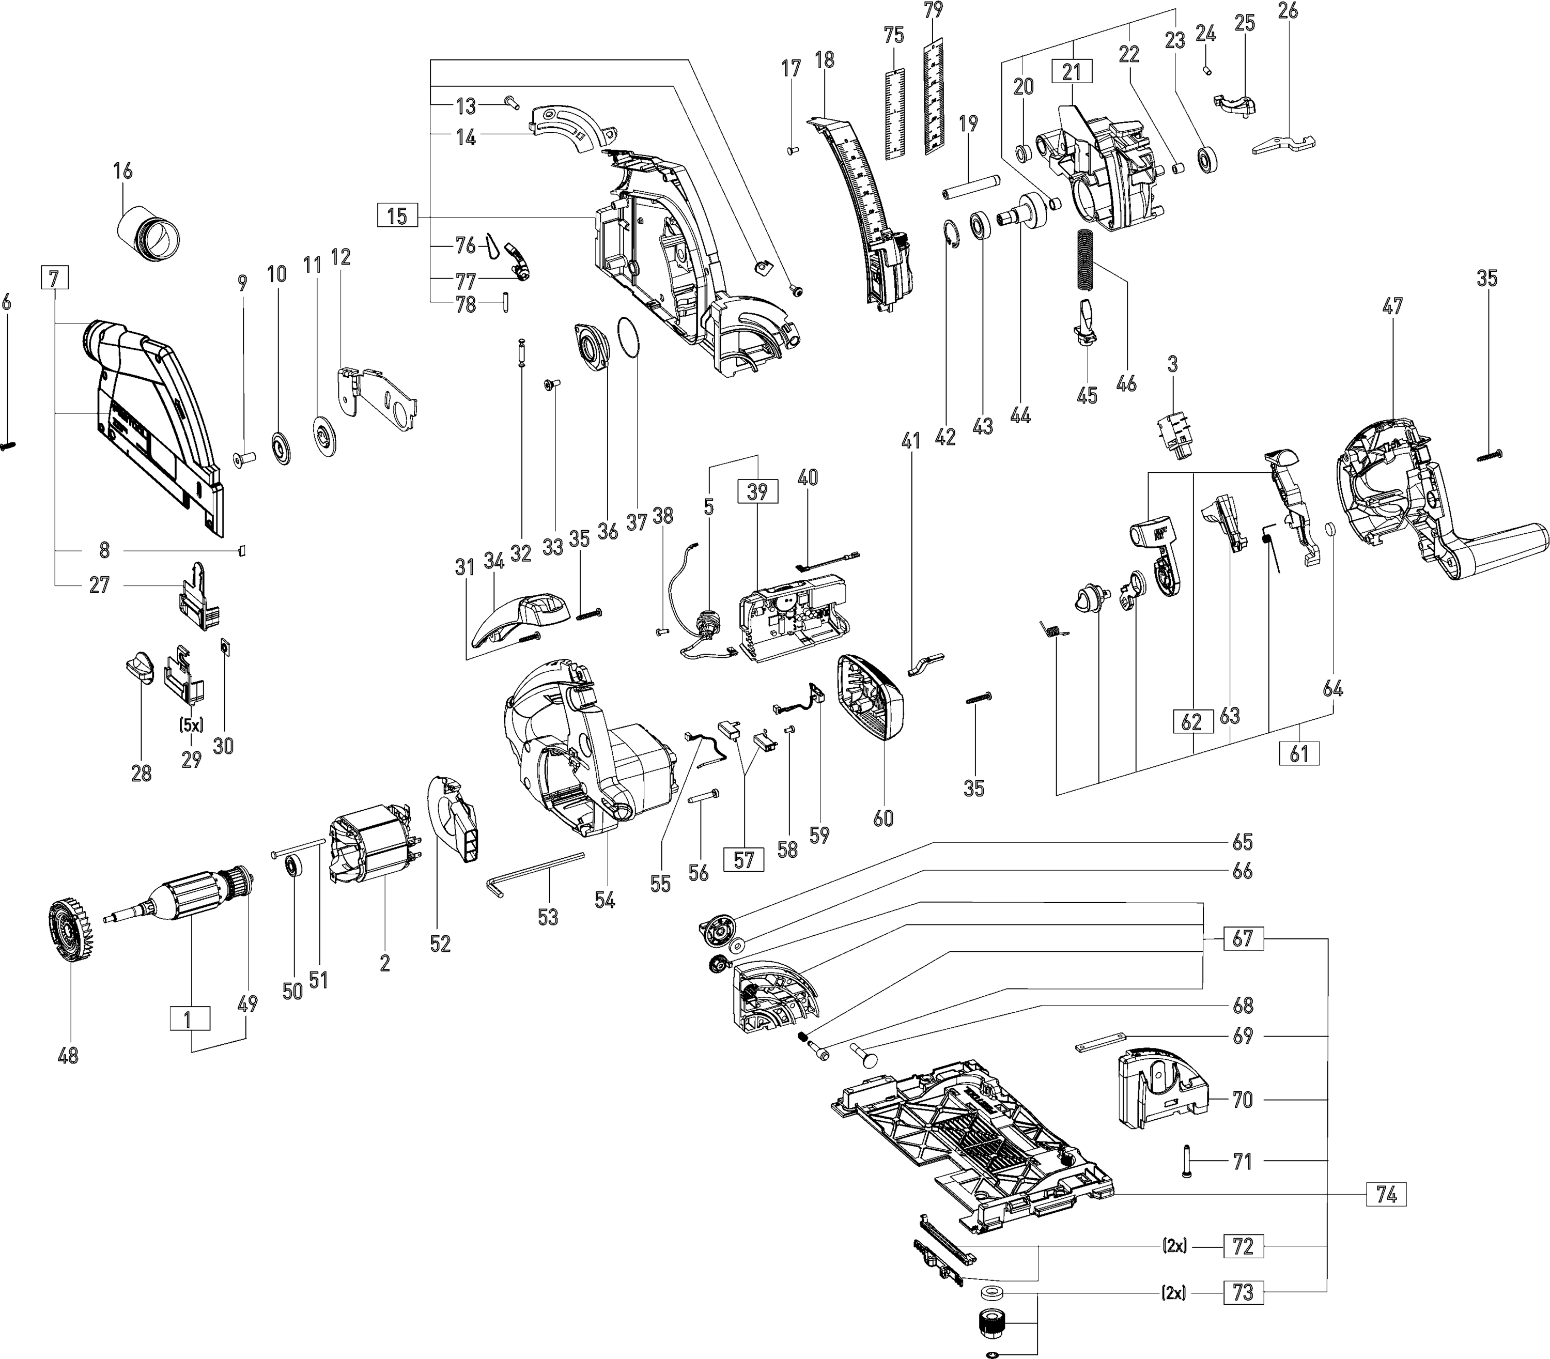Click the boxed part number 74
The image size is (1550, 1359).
coord(1386,1194)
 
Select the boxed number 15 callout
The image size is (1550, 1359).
coord(397,216)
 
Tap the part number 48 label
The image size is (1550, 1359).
coord(68,1055)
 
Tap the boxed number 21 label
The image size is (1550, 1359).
coord(1072,72)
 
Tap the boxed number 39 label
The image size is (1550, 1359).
coord(757,491)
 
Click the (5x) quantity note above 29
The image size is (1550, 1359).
coord(192,724)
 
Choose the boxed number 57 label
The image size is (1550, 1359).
coord(744,859)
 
